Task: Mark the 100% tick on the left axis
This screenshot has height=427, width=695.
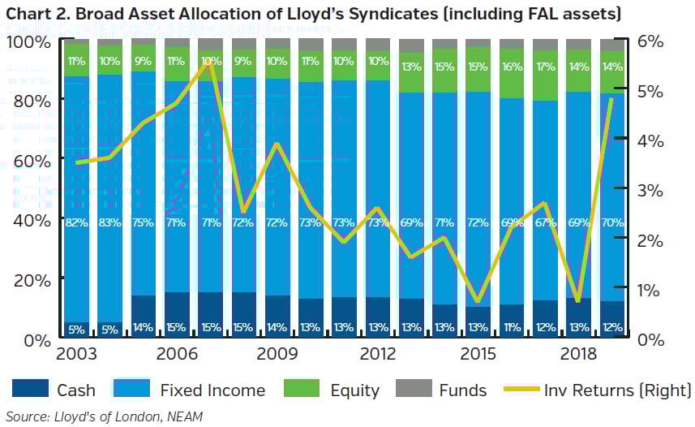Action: pos(28,41)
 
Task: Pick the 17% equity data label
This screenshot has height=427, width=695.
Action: pos(545,67)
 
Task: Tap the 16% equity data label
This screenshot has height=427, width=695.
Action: pos(512,67)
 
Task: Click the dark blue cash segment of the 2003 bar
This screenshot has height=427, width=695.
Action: pos(76,328)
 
